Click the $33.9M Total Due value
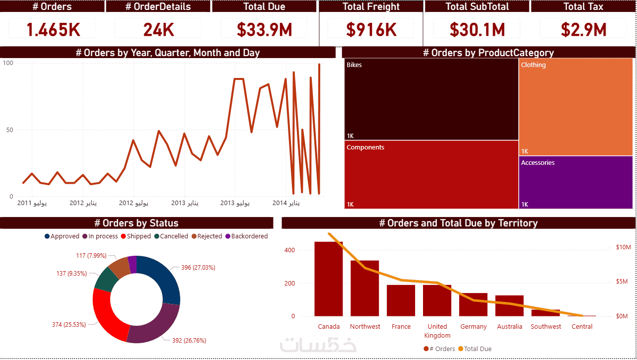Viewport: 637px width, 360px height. (x=264, y=30)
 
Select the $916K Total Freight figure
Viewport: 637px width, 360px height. (x=371, y=30)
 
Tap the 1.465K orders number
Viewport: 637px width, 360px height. (x=53, y=30)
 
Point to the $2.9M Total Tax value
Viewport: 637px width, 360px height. (x=584, y=30)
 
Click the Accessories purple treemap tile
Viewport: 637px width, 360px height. (x=576, y=182)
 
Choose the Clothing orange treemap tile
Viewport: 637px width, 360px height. (x=576, y=107)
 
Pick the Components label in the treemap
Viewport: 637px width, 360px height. (x=365, y=147)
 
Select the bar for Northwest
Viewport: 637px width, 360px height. (x=365, y=288)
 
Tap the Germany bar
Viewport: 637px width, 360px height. (x=473, y=304)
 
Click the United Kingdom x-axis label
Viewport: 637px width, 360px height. (x=437, y=331)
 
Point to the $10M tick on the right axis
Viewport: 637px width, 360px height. (x=623, y=247)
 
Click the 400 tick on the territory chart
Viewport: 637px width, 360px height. (x=289, y=250)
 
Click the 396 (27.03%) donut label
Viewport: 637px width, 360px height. (x=198, y=268)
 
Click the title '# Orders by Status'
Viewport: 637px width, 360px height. (x=136, y=223)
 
